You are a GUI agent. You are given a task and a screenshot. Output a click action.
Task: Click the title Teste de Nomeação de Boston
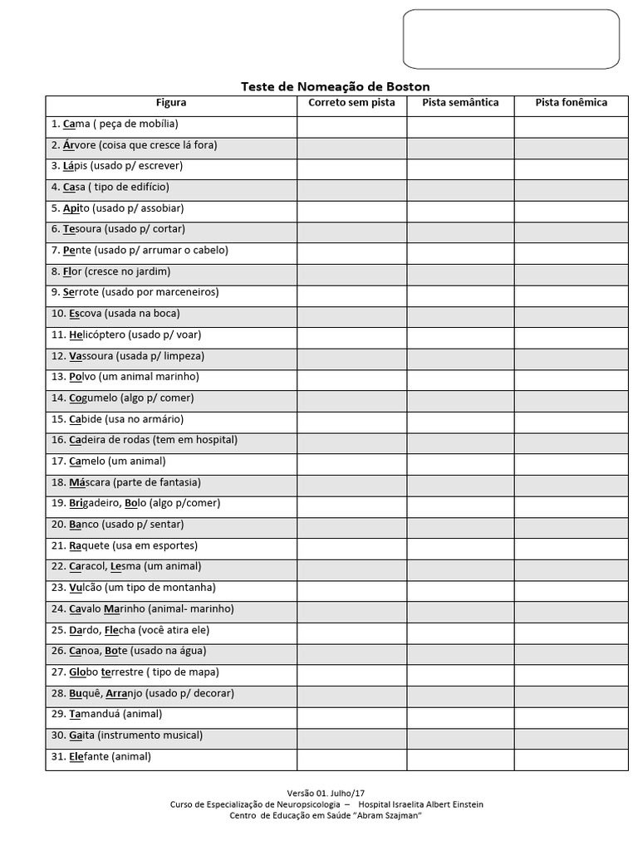(335, 86)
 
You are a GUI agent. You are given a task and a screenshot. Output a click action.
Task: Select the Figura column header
(171, 103)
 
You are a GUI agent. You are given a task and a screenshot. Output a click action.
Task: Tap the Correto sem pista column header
(351, 103)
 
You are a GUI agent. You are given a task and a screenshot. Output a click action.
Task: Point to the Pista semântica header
(460, 103)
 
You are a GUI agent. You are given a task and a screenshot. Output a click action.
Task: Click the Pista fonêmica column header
(571, 103)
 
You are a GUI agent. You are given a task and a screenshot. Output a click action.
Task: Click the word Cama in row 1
(76, 124)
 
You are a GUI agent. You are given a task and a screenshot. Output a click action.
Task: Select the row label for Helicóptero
(126, 335)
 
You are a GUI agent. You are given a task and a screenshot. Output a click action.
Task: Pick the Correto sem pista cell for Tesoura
(351, 229)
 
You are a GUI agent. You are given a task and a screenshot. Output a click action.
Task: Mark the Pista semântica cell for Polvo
(460, 377)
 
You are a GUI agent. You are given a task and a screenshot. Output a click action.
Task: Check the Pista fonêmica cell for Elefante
(571, 757)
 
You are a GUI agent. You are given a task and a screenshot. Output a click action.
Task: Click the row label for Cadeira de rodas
(144, 440)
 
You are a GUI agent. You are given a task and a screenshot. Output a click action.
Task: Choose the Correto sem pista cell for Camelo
(351, 462)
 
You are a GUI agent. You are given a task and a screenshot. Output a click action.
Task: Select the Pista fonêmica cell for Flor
(571, 271)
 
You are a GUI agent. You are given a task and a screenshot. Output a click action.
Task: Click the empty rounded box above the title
(511, 39)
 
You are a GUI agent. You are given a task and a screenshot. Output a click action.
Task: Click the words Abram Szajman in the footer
(385, 815)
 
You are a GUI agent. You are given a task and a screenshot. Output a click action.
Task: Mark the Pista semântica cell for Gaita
(460, 735)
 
